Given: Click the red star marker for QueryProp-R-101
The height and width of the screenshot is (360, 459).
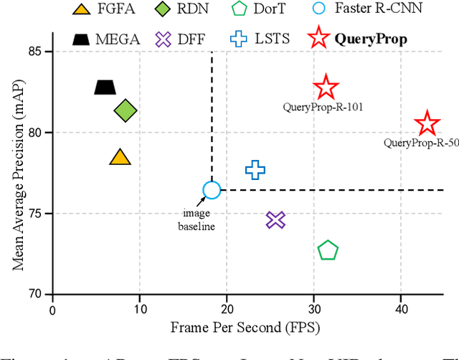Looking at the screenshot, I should [326, 87].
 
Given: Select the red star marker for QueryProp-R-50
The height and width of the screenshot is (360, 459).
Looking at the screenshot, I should [427, 124].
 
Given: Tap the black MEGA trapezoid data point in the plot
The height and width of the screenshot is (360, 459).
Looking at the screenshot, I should [105, 87].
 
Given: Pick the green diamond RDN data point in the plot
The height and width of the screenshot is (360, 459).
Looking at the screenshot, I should [126, 110].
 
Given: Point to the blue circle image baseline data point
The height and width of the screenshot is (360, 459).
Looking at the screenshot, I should [212, 190].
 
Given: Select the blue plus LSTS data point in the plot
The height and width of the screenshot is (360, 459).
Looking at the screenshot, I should [255, 169].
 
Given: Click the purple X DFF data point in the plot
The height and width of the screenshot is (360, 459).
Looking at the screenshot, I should [275, 220].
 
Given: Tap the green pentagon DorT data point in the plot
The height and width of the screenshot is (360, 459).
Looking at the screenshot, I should [328, 250].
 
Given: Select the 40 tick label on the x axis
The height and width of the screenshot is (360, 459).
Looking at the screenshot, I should [400, 310].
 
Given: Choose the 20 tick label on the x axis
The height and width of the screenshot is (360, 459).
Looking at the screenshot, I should [227, 310].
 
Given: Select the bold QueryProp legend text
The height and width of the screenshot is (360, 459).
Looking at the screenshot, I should [375, 38].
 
